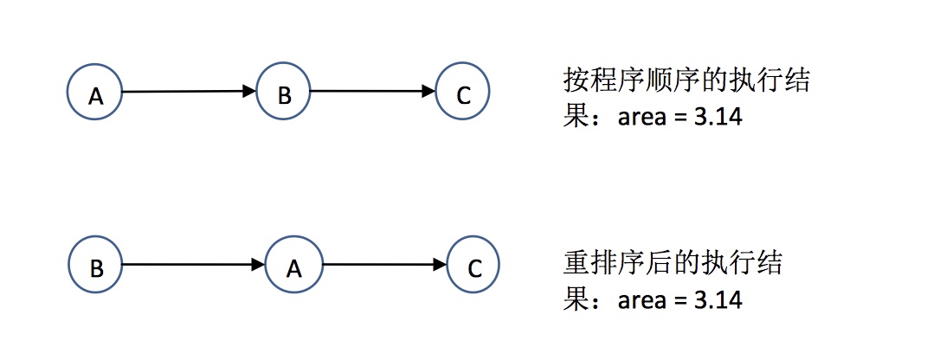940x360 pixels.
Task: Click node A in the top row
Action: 95,93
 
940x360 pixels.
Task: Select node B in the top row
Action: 284,93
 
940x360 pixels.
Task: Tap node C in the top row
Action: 463,93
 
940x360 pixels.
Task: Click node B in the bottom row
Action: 95,267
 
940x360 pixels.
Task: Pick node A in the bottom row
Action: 293,267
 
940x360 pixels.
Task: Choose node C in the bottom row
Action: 474,267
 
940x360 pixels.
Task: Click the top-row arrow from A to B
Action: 186,92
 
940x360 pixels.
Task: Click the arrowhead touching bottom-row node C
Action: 440,266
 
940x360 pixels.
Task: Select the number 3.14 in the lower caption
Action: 714,300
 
